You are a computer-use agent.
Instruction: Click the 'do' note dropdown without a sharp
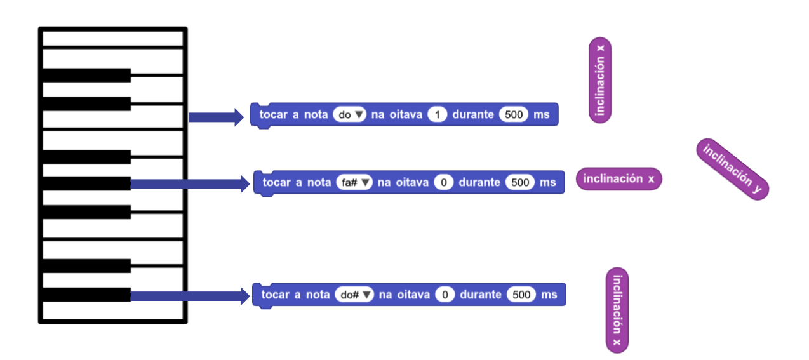(x=350, y=114)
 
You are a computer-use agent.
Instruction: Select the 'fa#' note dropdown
(x=354, y=182)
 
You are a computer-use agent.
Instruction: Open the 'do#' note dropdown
(x=354, y=295)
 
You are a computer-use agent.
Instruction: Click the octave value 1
(x=438, y=114)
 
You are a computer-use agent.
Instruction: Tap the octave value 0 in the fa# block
(x=443, y=182)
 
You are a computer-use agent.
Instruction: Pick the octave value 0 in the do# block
(x=445, y=295)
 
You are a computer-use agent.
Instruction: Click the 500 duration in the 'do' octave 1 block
(x=514, y=114)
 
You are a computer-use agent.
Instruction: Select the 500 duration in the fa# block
(x=520, y=182)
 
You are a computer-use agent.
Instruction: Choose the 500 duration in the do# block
(x=521, y=295)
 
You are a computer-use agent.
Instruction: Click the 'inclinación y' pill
(x=732, y=169)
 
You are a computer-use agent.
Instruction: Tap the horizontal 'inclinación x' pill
(x=619, y=179)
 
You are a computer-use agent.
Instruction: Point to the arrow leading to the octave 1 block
(x=216, y=117)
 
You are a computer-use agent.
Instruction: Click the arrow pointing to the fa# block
(x=190, y=184)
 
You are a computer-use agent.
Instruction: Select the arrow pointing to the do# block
(x=190, y=296)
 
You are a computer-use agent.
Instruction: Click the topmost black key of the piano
(x=86, y=75)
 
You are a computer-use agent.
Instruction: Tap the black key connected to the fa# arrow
(x=86, y=183)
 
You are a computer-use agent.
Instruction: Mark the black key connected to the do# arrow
(x=86, y=295)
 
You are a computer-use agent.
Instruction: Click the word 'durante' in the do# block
(x=481, y=295)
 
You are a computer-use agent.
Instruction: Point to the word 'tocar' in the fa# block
(x=277, y=182)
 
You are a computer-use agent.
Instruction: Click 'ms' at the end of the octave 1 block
(x=542, y=115)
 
